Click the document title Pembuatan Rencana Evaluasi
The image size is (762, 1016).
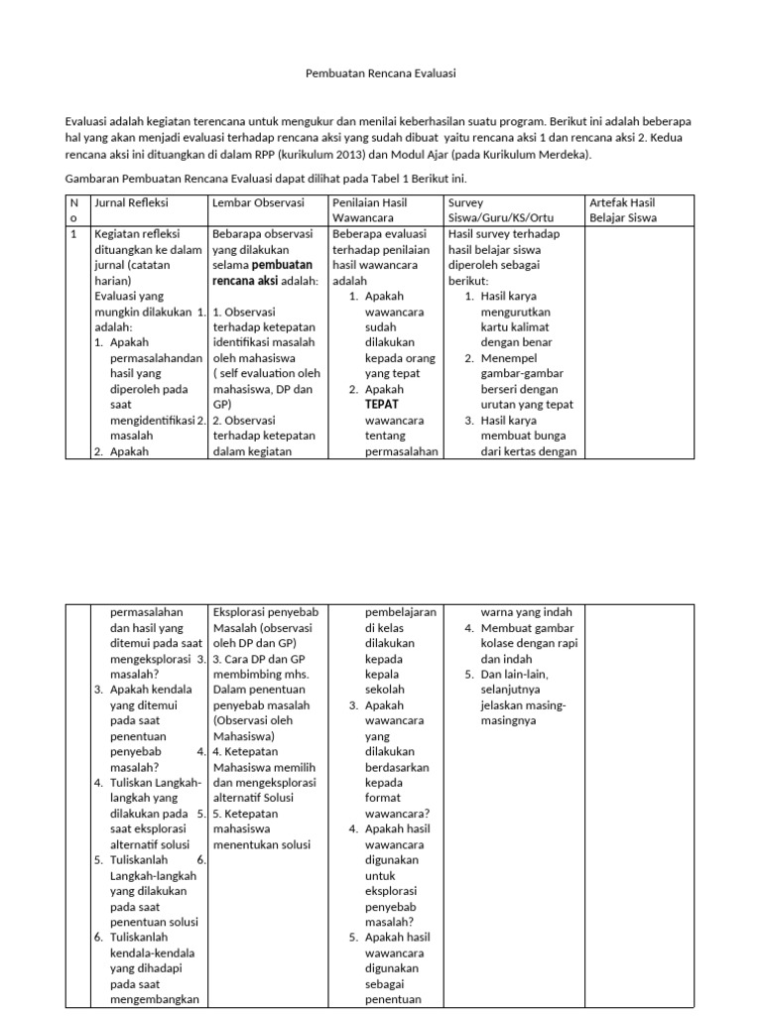point(380,73)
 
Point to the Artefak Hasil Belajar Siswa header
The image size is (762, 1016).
point(629,209)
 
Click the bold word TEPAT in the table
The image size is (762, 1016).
point(381,405)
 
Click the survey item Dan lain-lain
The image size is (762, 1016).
point(520,674)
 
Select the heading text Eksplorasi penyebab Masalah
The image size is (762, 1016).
point(262,620)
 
